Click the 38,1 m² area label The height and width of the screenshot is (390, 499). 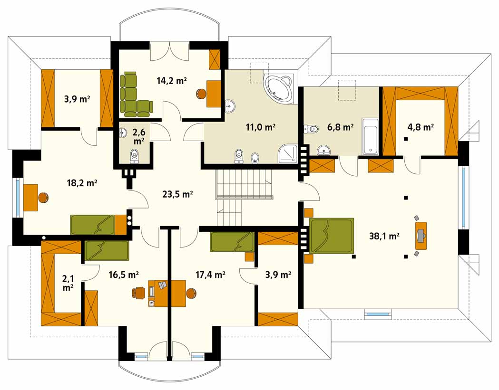pyautogui.click(x=384, y=236)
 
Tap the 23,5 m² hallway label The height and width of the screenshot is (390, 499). pyautogui.click(x=177, y=194)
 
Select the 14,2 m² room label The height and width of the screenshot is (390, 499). pyautogui.click(x=172, y=80)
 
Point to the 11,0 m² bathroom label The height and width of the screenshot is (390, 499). pyautogui.click(x=260, y=127)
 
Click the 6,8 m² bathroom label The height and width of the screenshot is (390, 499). pyautogui.click(x=340, y=127)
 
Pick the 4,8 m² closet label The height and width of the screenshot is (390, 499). pyautogui.click(x=421, y=127)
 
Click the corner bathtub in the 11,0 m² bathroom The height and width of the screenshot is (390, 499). pyautogui.click(x=280, y=88)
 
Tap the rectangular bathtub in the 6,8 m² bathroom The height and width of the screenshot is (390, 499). pyautogui.click(x=370, y=136)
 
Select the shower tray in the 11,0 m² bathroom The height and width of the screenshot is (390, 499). pyautogui.click(x=288, y=154)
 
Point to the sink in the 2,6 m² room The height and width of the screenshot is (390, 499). pyautogui.click(x=123, y=133)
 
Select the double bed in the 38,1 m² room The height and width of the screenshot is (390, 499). pyautogui.click(x=331, y=236)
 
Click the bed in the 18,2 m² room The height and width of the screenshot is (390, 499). pyautogui.click(x=92, y=225)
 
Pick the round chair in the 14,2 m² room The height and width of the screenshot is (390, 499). pyautogui.click(x=201, y=94)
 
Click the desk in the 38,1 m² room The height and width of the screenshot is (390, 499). pyautogui.click(x=421, y=236)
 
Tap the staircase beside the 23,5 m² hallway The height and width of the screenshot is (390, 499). pyautogui.click(x=245, y=197)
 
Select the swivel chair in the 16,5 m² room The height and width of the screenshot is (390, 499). pyautogui.click(x=139, y=293)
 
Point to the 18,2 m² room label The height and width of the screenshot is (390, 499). pyautogui.click(x=82, y=183)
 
